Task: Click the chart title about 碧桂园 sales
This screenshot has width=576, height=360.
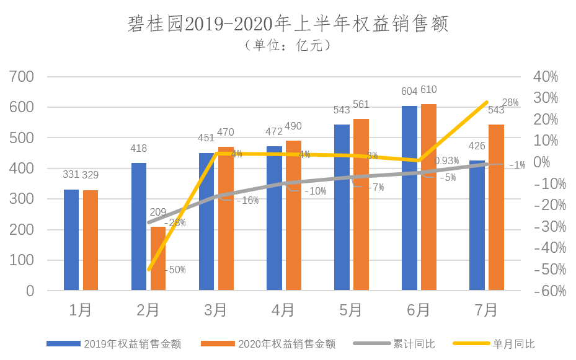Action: pyautogui.click(x=288, y=24)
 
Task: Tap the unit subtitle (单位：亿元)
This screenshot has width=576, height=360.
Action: pyautogui.click(x=288, y=46)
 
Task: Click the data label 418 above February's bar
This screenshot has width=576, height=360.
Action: pyautogui.click(x=139, y=149)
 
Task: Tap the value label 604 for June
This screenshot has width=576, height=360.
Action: pyautogui.click(x=409, y=92)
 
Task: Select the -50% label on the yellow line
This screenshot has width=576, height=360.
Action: pyautogui.click(x=175, y=270)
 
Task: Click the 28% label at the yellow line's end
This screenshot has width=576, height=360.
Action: pyautogui.click(x=510, y=103)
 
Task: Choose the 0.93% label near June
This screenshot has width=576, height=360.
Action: pyautogui.click(x=446, y=161)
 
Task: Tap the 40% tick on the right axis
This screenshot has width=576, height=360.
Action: pyautogui.click(x=546, y=77)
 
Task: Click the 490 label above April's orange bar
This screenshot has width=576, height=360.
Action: pyautogui.click(x=293, y=126)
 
